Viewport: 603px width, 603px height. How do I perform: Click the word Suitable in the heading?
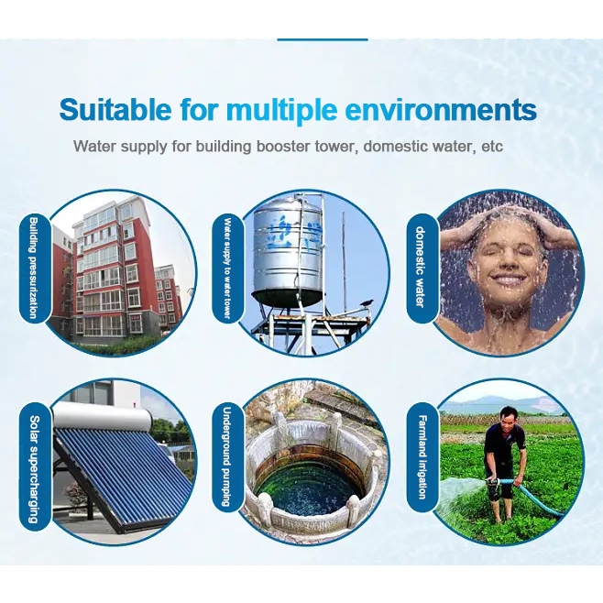pyautogui.click(x=115, y=109)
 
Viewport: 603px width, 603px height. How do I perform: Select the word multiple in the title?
pyautogui.click(x=281, y=111)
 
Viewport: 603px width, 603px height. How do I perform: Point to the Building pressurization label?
pyautogui.click(x=34, y=268)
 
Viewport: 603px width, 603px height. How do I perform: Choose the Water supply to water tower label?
pyautogui.click(x=227, y=269)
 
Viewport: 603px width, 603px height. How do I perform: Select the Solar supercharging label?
pyautogui.click(x=34, y=469)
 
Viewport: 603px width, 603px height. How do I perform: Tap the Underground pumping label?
pyautogui.click(x=227, y=456)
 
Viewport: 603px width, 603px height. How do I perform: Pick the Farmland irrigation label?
pyautogui.click(x=422, y=457)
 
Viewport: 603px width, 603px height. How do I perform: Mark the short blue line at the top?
pyautogui.click(x=323, y=39)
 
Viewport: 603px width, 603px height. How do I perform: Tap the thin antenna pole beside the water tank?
pyautogui.click(x=345, y=261)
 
